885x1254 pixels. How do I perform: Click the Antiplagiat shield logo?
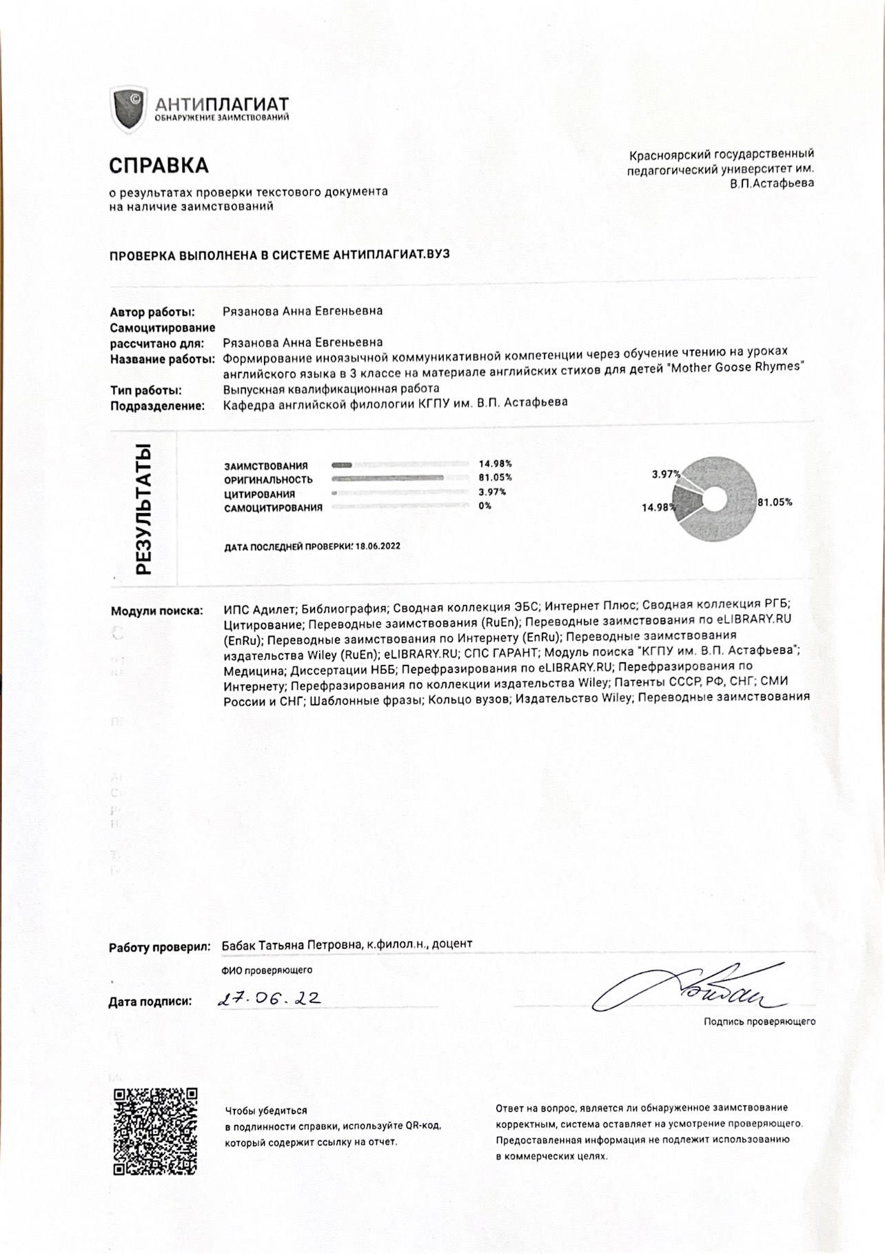pyautogui.click(x=128, y=110)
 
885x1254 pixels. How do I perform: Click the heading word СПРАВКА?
pyautogui.click(x=159, y=166)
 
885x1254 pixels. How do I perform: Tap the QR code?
pyautogui.click(x=155, y=1131)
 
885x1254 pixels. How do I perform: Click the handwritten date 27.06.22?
pyautogui.click(x=268, y=999)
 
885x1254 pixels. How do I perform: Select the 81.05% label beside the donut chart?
pyautogui.click(x=775, y=502)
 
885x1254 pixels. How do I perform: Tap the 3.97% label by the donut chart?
pyautogui.click(x=666, y=474)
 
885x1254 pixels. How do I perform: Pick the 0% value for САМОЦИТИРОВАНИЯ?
pyautogui.click(x=485, y=506)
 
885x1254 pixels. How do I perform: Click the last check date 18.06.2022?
pyautogui.click(x=378, y=546)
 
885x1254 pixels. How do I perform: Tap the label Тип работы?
pyautogui.click(x=145, y=390)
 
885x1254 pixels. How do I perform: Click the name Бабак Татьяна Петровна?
pyautogui.click(x=289, y=944)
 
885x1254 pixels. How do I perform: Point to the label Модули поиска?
pyautogui.click(x=157, y=610)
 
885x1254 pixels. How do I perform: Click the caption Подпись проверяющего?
pyautogui.click(x=759, y=1022)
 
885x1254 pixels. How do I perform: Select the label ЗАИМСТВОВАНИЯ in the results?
pyautogui.click(x=265, y=466)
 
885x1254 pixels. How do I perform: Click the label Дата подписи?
pyautogui.click(x=150, y=1002)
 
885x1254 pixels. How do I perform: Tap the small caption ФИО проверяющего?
pyautogui.click(x=267, y=970)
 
